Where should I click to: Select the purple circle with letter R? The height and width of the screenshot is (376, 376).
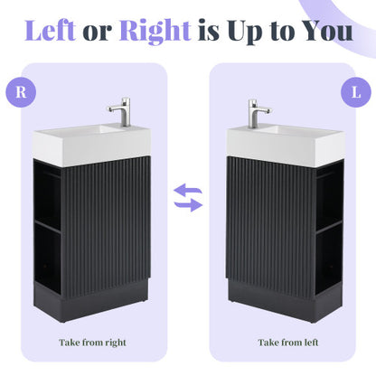21,90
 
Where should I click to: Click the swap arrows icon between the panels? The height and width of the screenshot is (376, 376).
188,197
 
